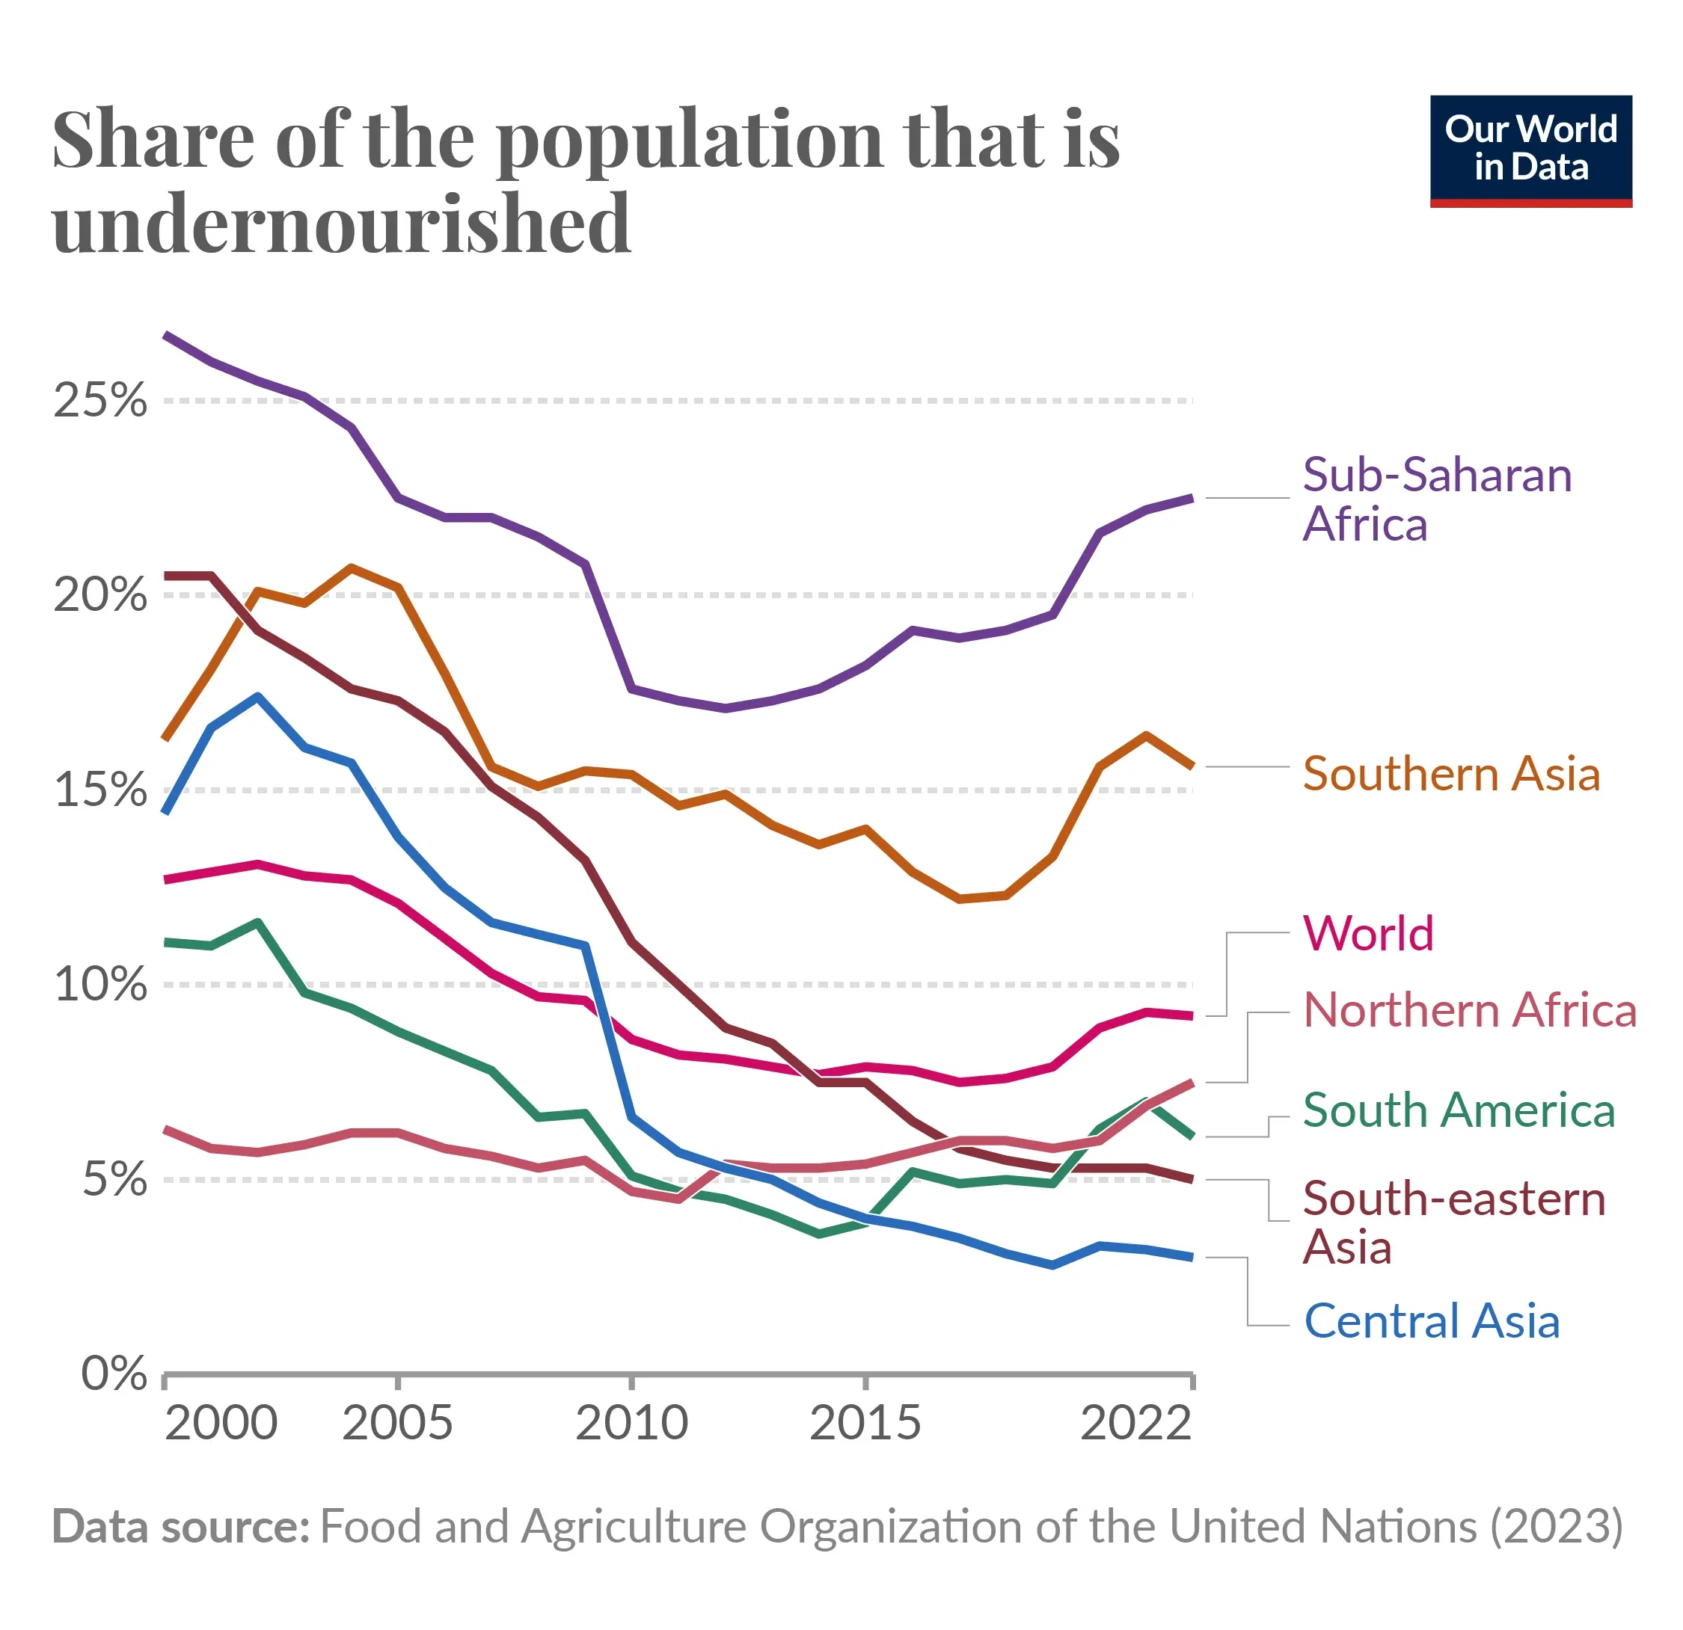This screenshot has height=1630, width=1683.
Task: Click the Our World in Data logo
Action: (x=1530, y=150)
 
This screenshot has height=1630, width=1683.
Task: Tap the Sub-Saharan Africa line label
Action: (x=1437, y=499)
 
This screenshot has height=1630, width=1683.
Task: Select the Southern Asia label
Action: (x=1451, y=773)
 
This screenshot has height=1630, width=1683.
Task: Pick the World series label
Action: (x=1368, y=933)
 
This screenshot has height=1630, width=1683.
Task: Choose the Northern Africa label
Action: (x=1469, y=1009)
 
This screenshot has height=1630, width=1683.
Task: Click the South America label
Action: (x=1458, y=1110)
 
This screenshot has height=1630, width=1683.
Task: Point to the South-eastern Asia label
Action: (x=1453, y=1222)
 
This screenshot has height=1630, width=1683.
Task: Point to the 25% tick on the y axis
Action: (x=100, y=400)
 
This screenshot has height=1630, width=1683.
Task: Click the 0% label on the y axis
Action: (x=114, y=1374)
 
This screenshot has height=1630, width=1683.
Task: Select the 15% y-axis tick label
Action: (x=100, y=790)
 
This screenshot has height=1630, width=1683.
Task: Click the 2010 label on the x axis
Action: (x=631, y=1423)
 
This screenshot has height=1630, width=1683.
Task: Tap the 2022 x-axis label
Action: (x=1135, y=1423)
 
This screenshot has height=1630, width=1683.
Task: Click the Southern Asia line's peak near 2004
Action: (x=352, y=568)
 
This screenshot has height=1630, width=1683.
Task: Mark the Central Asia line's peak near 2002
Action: (x=257, y=696)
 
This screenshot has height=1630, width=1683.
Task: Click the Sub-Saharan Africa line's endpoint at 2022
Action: (x=1190, y=498)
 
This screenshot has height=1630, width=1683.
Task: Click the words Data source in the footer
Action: (x=180, y=1527)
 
